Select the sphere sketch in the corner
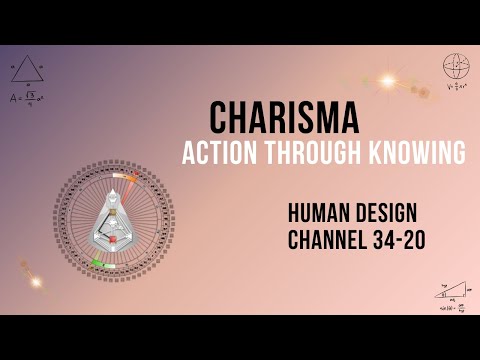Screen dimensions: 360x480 coord(455,66)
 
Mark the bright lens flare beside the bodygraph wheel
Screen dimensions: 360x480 coord(37,282)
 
